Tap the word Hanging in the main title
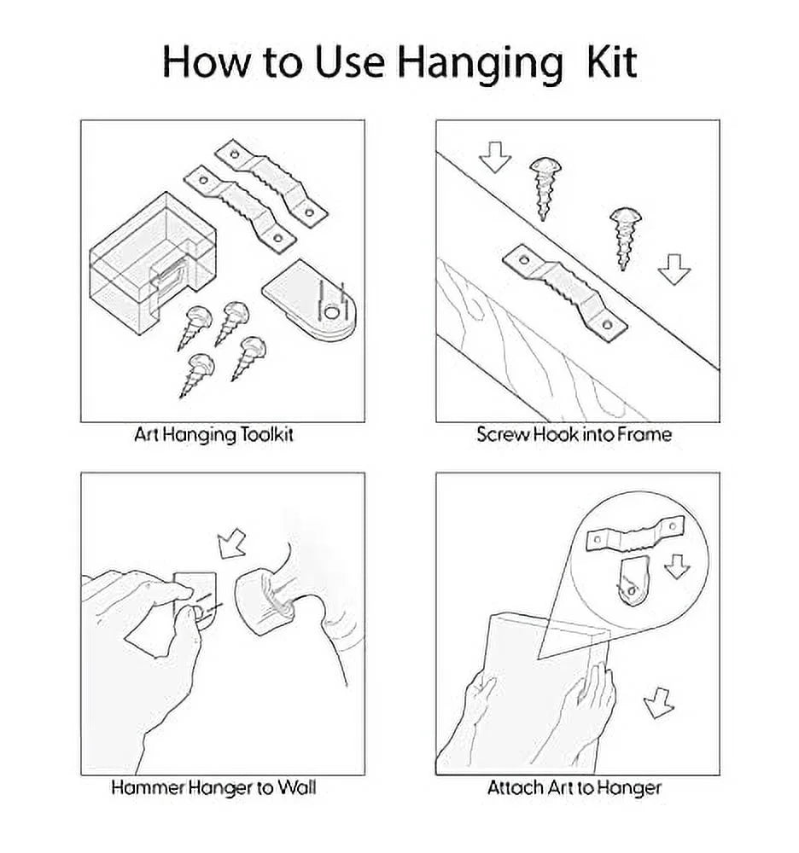pyautogui.click(x=480, y=64)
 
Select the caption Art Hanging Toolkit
pyautogui.click(x=214, y=435)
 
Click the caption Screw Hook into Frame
pyautogui.click(x=574, y=434)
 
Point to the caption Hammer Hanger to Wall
pyautogui.click(x=213, y=787)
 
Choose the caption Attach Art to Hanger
pyautogui.click(x=574, y=787)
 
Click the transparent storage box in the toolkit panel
pyautogui.click(x=153, y=264)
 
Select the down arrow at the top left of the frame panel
pyautogui.click(x=495, y=157)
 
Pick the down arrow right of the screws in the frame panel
pyautogui.click(x=674, y=270)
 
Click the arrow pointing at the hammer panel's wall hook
pyautogui.click(x=231, y=543)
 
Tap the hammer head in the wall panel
pyautogui.click(x=265, y=601)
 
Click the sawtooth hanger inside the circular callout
pyautogui.click(x=634, y=533)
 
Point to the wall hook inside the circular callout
pyautogui.click(x=634, y=580)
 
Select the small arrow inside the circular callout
pyautogui.click(x=677, y=566)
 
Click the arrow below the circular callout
pyautogui.click(x=658, y=703)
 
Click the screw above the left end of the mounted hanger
pyautogui.click(x=545, y=189)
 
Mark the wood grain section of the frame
pyautogui.click(x=539, y=348)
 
